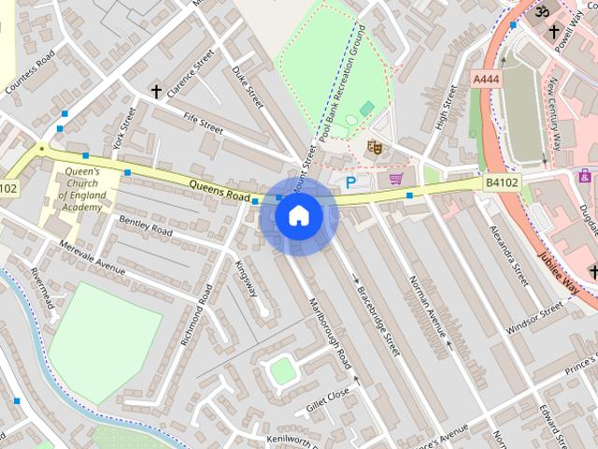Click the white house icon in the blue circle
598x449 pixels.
[x=298, y=216]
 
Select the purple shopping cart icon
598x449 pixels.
[x=396, y=178]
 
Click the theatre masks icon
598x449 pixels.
[x=374, y=146]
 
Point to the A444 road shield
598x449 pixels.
[x=487, y=80]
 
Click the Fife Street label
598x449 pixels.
[x=203, y=122]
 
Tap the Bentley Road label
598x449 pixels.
[x=146, y=225]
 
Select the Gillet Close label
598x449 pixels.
[x=326, y=398]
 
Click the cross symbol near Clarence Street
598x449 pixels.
[x=156, y=92]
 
